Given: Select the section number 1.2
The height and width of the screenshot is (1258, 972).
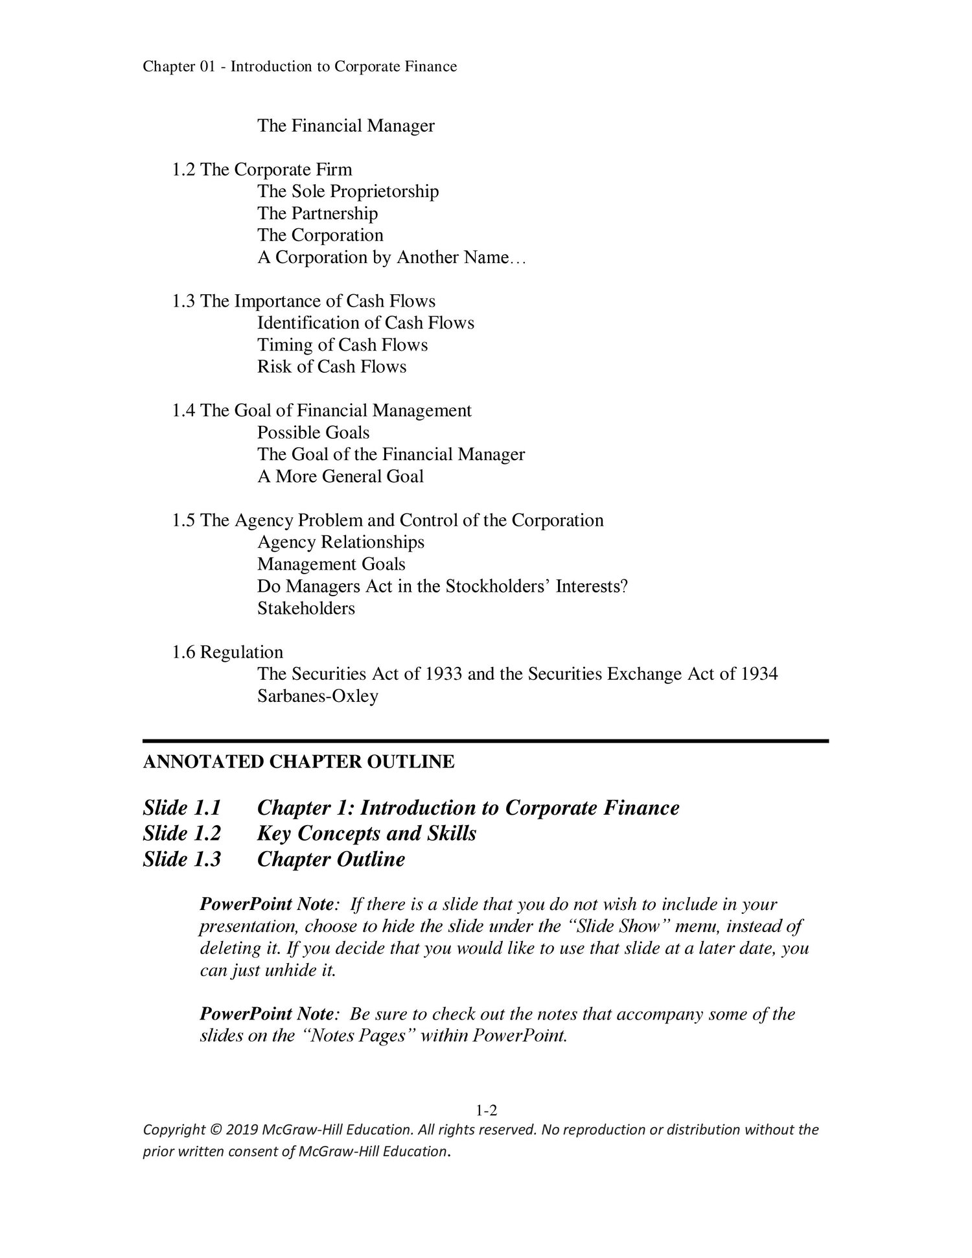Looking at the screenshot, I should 183,170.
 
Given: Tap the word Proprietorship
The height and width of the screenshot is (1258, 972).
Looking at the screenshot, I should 384,191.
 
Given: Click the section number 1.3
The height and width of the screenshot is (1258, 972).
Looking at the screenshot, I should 183,301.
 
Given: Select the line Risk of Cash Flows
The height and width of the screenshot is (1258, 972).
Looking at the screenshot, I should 332,367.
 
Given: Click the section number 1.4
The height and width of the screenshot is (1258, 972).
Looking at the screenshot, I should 183,411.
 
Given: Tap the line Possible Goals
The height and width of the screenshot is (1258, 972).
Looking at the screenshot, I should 313,432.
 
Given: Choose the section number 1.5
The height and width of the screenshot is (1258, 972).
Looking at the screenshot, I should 183,520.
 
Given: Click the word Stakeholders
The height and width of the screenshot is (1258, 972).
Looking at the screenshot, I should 306,609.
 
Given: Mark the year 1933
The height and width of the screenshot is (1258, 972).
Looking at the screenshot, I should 443,674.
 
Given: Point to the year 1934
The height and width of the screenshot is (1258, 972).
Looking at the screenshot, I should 759,674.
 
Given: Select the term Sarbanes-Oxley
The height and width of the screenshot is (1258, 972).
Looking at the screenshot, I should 318,697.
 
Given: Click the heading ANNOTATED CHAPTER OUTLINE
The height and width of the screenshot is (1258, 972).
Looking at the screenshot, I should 299,762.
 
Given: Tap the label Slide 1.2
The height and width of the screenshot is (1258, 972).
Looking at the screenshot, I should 182,833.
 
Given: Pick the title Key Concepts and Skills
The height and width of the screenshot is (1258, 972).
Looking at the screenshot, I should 366,833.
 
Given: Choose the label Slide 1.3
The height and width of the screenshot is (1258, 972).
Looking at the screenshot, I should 182,859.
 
